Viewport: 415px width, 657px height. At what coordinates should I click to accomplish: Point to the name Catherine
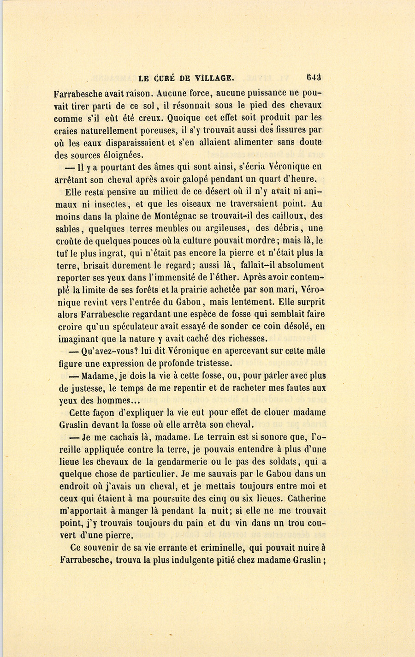[x=307, y=498]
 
